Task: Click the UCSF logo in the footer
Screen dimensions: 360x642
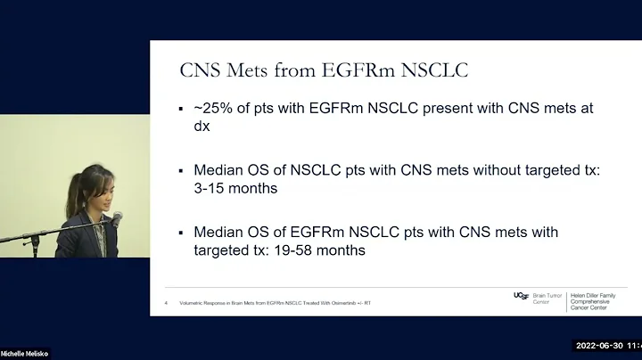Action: point(522,295)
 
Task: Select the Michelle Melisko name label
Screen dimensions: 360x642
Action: point(25,354)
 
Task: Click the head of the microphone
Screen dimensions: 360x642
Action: point(117,217)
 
